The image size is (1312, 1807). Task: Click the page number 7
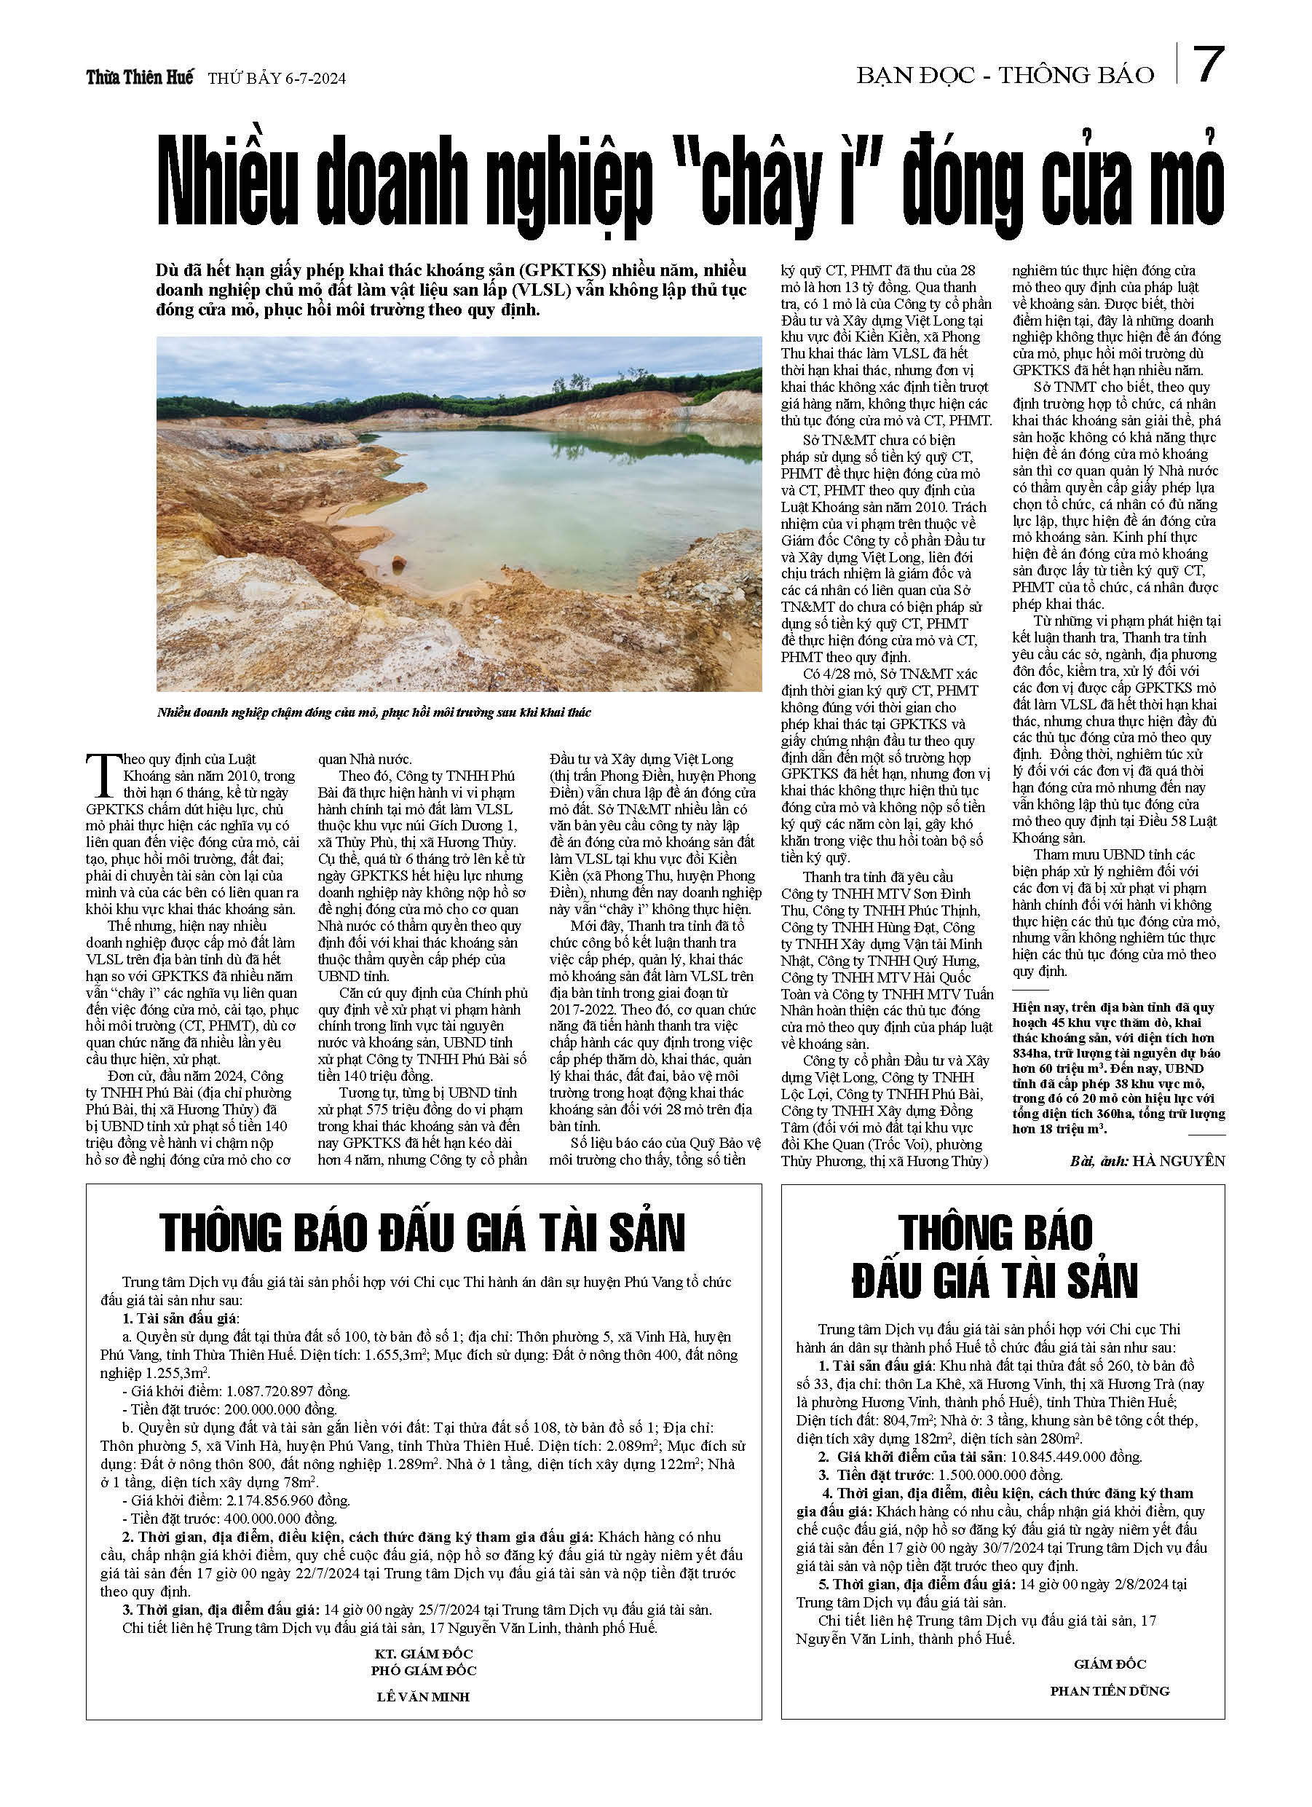coord(1208,66)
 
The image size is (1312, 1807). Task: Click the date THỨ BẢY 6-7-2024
coord(277,79)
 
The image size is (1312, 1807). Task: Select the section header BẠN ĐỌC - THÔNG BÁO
coord(1005,76)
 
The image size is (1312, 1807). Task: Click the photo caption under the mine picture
coord(374,712)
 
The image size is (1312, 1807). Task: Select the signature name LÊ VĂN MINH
coord(423,1697)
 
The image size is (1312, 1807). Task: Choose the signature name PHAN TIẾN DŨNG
coord(1109,1690)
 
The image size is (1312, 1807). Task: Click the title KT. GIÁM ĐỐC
coord(423,1654)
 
